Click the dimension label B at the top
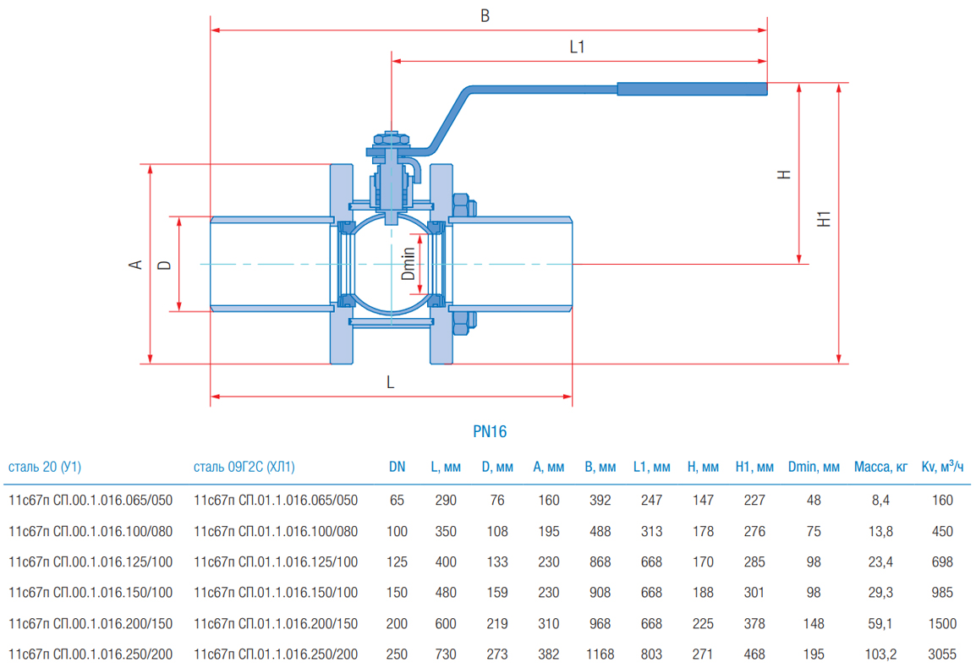pos(485,16)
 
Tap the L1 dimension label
pos(577,47)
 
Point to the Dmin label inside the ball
pos(408,263)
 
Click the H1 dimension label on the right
pos(824,219)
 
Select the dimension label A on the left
pos(135,265)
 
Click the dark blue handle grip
pos(692,89)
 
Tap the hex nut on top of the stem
pos(391,139)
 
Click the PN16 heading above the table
pos(490,431)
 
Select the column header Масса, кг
pos(880,467)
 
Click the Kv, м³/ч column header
pos(942,466)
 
